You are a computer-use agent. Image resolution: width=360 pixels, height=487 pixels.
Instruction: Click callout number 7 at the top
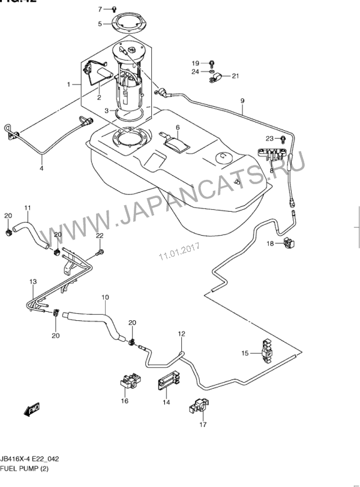point(101,9)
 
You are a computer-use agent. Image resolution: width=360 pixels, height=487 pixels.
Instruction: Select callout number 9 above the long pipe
point(242,100)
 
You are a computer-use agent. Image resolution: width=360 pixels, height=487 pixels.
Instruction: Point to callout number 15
point(245,353)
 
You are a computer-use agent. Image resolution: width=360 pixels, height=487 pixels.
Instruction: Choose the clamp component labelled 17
point(199,407)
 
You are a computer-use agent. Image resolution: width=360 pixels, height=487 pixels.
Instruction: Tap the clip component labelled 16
point(129,381)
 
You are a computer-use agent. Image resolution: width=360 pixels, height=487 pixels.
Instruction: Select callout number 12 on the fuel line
point(181,333)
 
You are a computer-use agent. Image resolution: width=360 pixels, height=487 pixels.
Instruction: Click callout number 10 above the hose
point(105,297)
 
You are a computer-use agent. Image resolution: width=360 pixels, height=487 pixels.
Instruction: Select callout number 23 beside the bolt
point(269,139)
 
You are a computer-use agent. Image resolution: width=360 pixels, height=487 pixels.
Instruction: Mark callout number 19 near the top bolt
point(195,63)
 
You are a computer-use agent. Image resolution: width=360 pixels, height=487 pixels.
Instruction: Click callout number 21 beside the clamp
point(235,76)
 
